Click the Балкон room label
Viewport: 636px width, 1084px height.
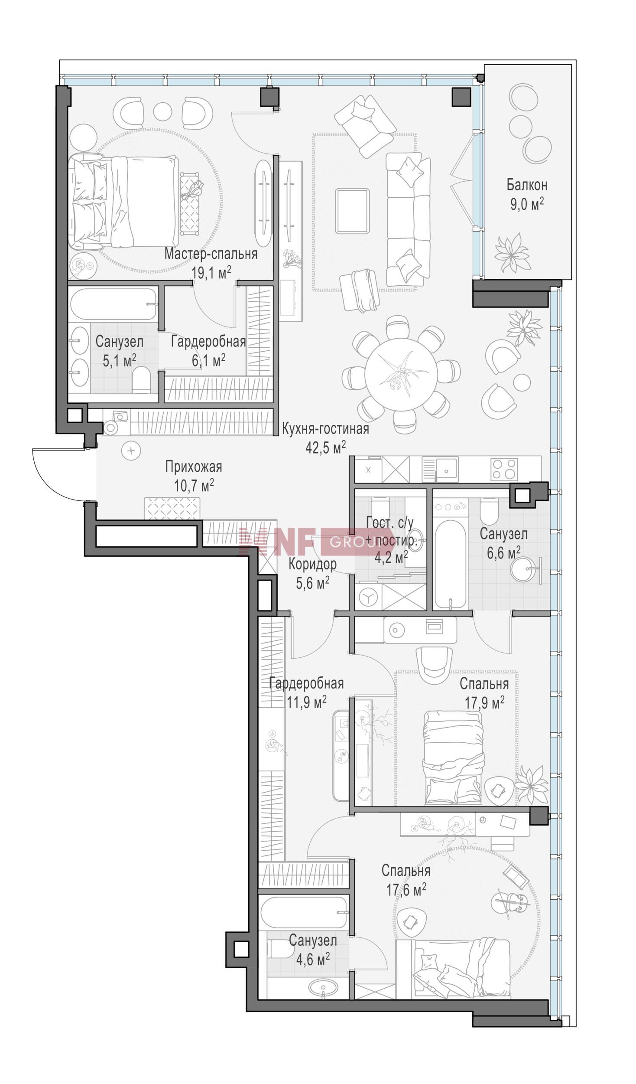[527, 185]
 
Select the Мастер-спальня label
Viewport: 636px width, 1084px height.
[211, 254]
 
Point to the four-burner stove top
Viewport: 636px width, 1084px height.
[504, 469]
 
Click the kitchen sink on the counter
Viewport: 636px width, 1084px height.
[441, 469]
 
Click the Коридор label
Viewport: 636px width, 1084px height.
[312, 564]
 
